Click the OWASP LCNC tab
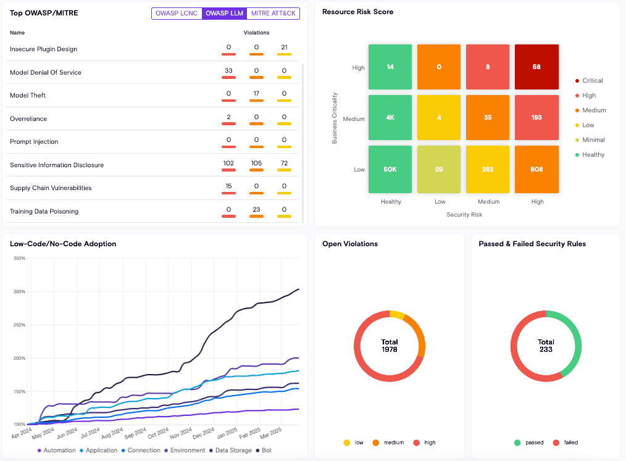(177, 13)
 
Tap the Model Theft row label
(28, 95)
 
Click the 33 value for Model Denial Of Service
(228, 71)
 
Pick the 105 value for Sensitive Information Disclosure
(256, 164)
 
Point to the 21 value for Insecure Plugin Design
(284, 48)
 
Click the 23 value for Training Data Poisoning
(256, 210)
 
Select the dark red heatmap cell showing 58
(536, 67)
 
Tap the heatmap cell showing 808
(536, 168)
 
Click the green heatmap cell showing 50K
(390, 168)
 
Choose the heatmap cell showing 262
(487, 168)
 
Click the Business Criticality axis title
(335, 118)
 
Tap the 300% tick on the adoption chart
(19, 291)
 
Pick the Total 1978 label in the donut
(390, 346)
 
